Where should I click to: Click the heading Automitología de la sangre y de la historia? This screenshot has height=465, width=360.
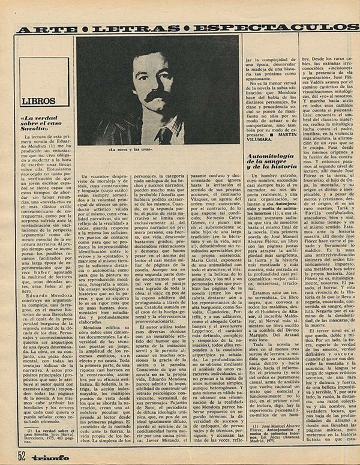click(x=269, y=161)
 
